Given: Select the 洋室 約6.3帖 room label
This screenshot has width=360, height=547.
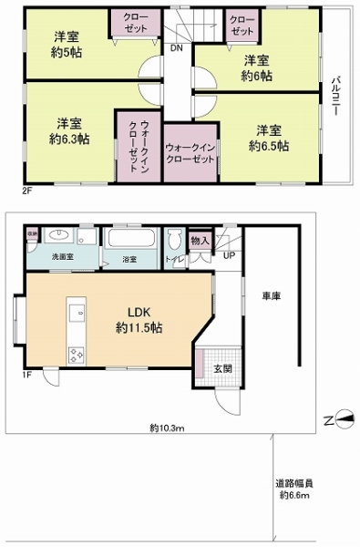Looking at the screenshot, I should pos(70,131).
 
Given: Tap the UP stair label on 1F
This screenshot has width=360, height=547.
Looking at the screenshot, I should pos(228,254).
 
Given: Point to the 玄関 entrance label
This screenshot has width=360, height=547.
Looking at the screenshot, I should pos(223,368).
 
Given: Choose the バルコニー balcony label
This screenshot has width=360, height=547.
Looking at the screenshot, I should pos(337,96).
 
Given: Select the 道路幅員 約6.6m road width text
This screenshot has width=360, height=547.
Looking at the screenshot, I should pos(296,490).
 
